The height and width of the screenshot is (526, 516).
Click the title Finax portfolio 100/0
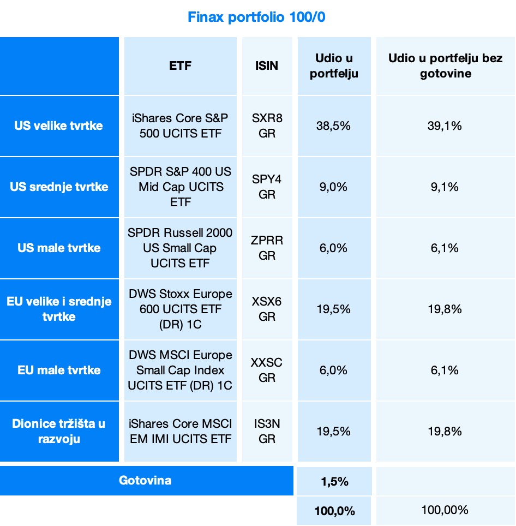coord(256,17)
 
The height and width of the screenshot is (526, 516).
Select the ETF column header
coord(180,65)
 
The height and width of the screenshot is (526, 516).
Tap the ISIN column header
coord(267,65)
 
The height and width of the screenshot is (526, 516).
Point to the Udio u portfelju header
coord(334,65)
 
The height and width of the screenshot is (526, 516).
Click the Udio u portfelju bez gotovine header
coord(445,65)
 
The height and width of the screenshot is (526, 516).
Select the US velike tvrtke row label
coord(58,126)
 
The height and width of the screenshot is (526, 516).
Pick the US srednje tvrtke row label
coord(58,187)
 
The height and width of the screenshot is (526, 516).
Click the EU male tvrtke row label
coord(58,370)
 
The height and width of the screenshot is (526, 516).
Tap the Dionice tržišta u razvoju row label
coord(58,431)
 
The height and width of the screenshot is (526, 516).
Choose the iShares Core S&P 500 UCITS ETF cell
coord(180,126)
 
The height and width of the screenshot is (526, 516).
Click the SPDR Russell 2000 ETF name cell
coord(180,248)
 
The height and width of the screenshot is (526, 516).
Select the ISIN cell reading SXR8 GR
coord(267,126)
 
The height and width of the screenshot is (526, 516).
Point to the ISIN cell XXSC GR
coord(267,370)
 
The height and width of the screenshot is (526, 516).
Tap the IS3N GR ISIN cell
coord(267,431)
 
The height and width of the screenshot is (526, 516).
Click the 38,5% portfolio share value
coord(334,126)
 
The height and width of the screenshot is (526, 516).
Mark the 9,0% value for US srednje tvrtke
coord(334,187)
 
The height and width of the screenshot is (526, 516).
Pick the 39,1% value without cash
coord(445,126)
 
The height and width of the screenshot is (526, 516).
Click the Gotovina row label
coord(145,481)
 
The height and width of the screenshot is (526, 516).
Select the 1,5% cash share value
coord(334,482)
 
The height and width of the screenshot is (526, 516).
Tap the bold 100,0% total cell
coord(334,511)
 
